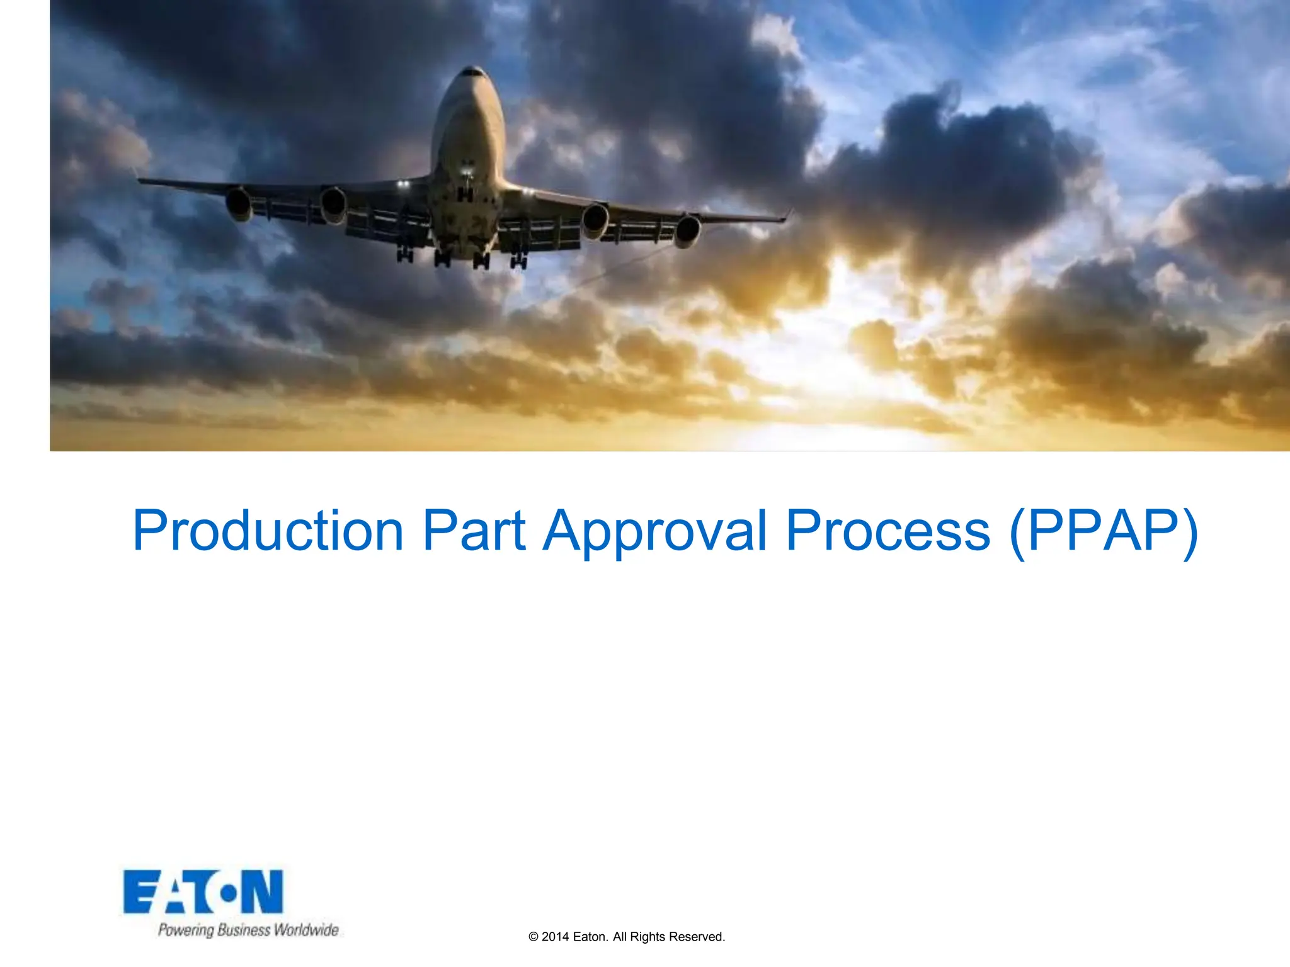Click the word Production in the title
pyautogui.click(x=268, y=531)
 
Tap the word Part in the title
pyautogui.click(x=474, y=531)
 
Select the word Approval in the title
pyautogui.click(x=655, y=531)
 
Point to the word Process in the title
pyautogui.click(x=888, y=531)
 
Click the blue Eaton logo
pyautogui.click(x=203, y=892)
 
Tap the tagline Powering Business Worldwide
pyautogui.click(x=248, y=930)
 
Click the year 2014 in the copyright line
pyautogui.click(x=555, y=937)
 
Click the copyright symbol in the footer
pyautogui.click(x=534, y=937)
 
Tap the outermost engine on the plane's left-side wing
pyautogui.click(x=239, y=203)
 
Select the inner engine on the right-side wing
pyautogui.click(x=595, y=220)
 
